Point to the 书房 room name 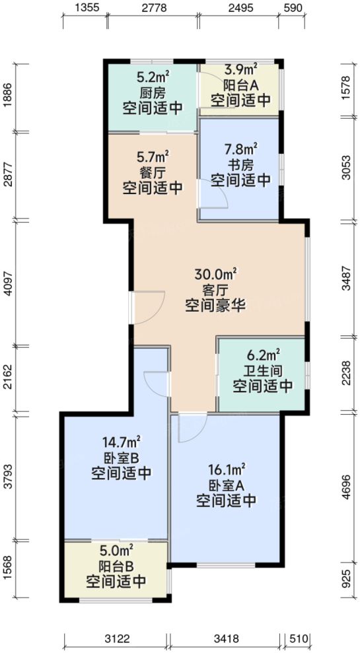pyautogui.click(x=240, y=165)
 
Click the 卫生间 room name pyautogui.click(x=262, y=370)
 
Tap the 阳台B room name pyautogui.click(x=116, y=566)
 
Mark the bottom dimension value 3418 pyautogui.click(x=225, y=638)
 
